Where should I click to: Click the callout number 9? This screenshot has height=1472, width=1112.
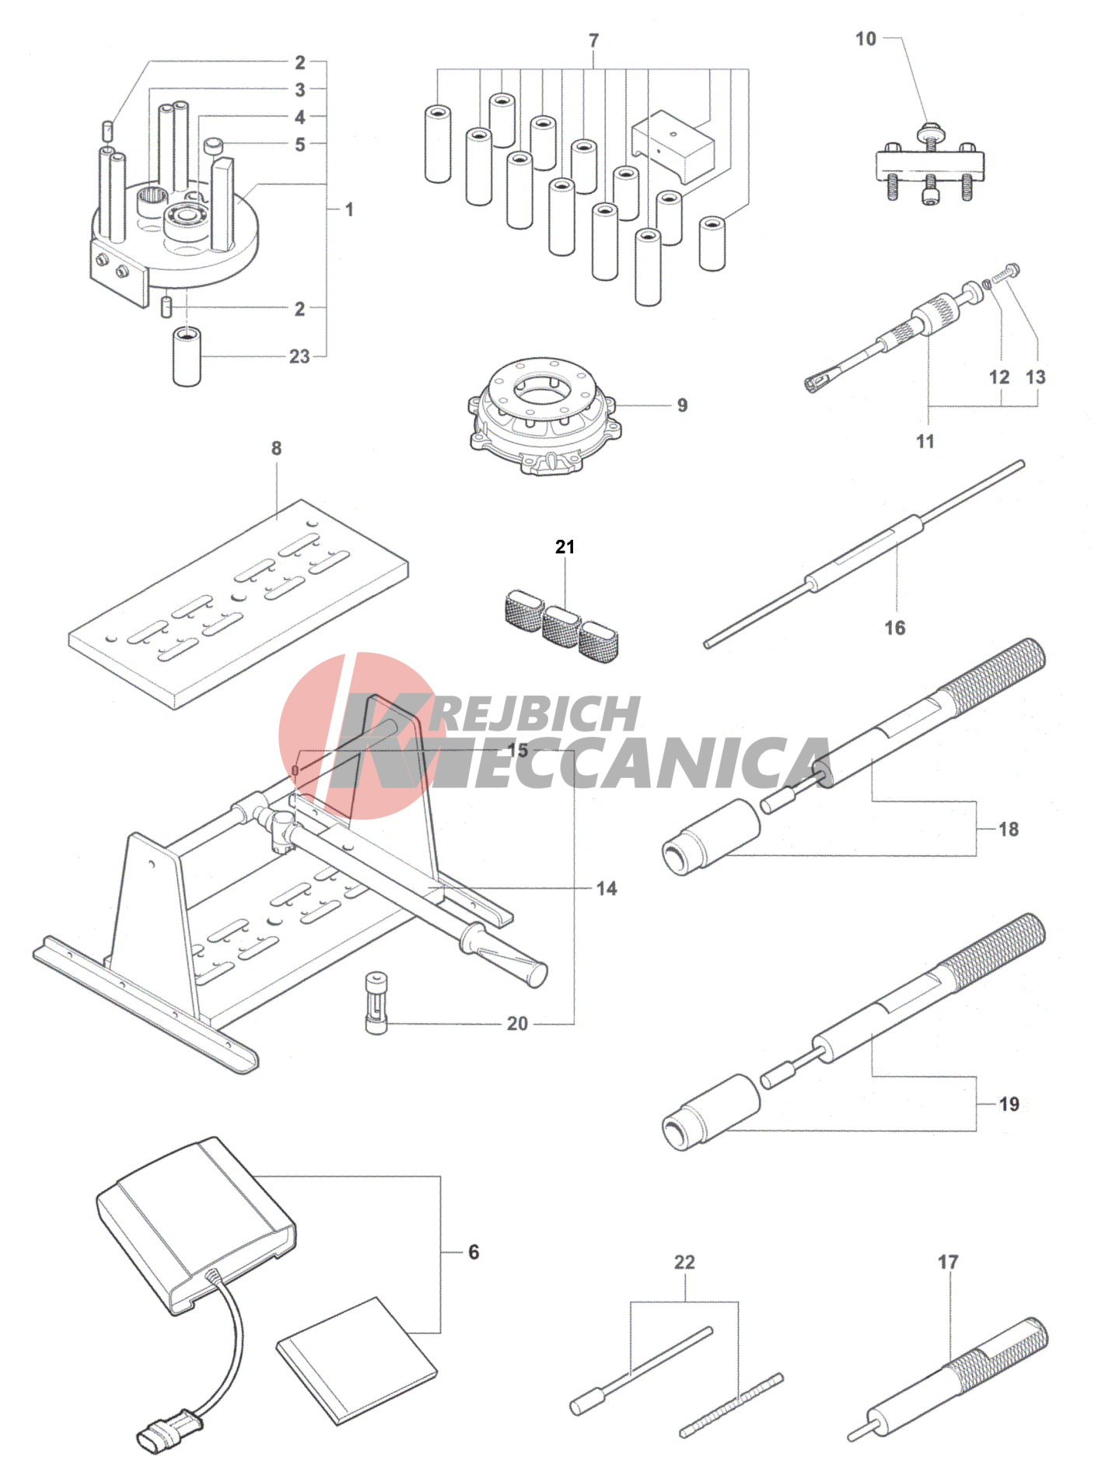point(682,405)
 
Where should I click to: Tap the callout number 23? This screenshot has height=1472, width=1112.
point(299,357)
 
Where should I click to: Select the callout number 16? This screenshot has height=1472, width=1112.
point(895,628)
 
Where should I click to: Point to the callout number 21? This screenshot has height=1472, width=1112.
point(565,547)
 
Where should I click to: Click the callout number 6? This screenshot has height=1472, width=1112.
point(474,1252)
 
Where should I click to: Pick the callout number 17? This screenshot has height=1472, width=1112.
point(948,1262)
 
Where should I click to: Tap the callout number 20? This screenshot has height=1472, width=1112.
point(517,1023)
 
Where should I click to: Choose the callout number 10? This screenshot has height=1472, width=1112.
point(865,39)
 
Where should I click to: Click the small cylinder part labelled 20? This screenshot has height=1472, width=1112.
point(376,1002)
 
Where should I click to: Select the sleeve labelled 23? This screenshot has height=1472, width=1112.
point(187,357)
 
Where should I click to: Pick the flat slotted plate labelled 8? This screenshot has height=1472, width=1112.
point(238,604)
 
